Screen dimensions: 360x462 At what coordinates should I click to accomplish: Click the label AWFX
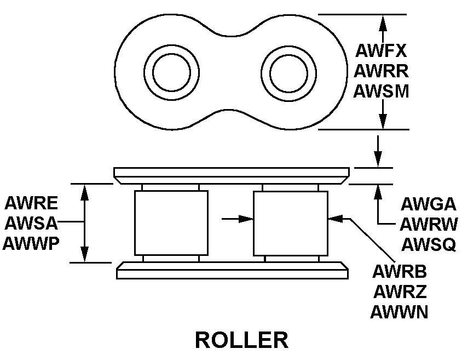381,51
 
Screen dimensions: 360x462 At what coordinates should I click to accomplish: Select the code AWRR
381,71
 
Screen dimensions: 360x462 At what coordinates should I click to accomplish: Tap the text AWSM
381,91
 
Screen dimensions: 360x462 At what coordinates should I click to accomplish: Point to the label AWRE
31,203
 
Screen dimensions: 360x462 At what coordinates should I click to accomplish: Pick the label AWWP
31,243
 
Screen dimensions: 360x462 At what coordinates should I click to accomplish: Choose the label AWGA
428,204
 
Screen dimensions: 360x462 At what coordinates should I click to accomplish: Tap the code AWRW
428,224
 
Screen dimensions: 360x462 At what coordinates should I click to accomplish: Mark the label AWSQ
428,244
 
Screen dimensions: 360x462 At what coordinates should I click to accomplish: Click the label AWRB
399,272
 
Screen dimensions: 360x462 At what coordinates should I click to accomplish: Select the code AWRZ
399,292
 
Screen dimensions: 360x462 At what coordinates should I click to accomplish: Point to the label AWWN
399,312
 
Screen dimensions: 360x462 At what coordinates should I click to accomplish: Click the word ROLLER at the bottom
241,340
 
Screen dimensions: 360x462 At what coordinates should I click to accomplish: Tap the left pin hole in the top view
171,73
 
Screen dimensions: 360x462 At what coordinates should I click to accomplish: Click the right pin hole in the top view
288,73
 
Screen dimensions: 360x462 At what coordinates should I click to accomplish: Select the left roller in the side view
171,223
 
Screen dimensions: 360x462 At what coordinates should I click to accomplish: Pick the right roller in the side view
291,223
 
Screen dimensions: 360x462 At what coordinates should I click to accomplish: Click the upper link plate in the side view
231,175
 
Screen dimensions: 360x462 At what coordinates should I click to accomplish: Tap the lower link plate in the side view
232,270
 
